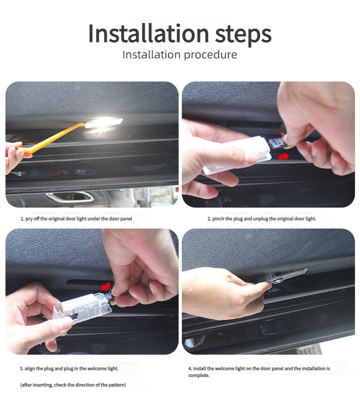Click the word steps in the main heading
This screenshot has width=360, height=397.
(x=243, y=35)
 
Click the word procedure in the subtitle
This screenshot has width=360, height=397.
(x=211, y=55)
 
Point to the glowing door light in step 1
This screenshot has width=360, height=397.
(x=104, y=123)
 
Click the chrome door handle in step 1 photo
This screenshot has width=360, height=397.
(x=70, y=197)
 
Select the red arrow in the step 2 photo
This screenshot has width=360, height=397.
(x=283, y=157)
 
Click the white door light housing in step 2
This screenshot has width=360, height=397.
(x=237, y=155)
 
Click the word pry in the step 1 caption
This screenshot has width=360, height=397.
(x=29, y=219)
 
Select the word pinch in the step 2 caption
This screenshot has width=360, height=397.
(x=218, y=219)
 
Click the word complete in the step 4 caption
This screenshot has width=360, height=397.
(x=199, y=376)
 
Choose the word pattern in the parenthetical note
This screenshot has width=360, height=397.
(x=117, y=385)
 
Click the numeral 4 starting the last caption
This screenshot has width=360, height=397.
(x=190, y=369)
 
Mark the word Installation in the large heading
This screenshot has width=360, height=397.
(x=149, y=33)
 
